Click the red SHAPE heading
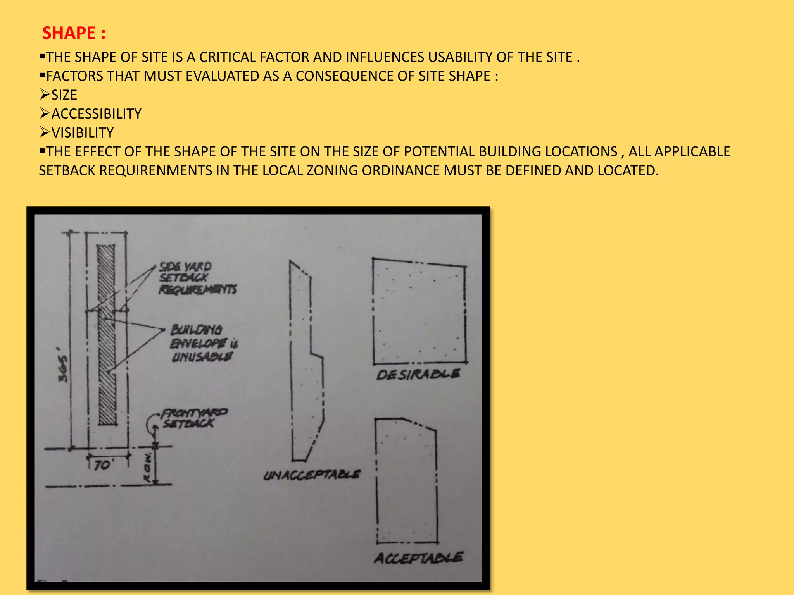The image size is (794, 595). tap(73, 33)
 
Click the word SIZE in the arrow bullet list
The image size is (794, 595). tap(64, 95)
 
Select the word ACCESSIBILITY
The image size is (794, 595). tap(96, 114)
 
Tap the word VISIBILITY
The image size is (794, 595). tap(82, 133)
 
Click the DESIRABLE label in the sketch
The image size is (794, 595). tap(418, 375)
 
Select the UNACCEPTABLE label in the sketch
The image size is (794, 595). tap(312, 475)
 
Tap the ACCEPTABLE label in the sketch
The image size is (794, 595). tap(418, 558)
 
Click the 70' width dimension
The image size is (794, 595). tap(103, 465)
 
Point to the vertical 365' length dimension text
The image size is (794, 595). tap(63, 369)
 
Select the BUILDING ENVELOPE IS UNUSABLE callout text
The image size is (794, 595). tap(204, 343)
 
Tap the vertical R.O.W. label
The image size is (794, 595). tap(148, 468)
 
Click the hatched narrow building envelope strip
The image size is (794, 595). tap(106, 335)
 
